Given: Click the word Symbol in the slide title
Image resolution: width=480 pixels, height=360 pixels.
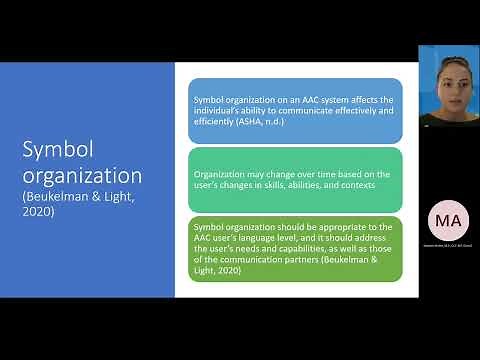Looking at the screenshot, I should [55, 149].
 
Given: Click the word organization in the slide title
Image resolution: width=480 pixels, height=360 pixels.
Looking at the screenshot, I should [82, 176].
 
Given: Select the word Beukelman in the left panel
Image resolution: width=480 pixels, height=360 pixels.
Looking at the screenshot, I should [65, 198].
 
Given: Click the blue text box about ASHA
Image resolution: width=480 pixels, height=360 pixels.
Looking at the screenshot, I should [295, 110].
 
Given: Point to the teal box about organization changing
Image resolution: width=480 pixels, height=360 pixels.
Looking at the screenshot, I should [295, 179].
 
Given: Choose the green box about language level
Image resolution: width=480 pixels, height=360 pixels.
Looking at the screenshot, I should [295, 248].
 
